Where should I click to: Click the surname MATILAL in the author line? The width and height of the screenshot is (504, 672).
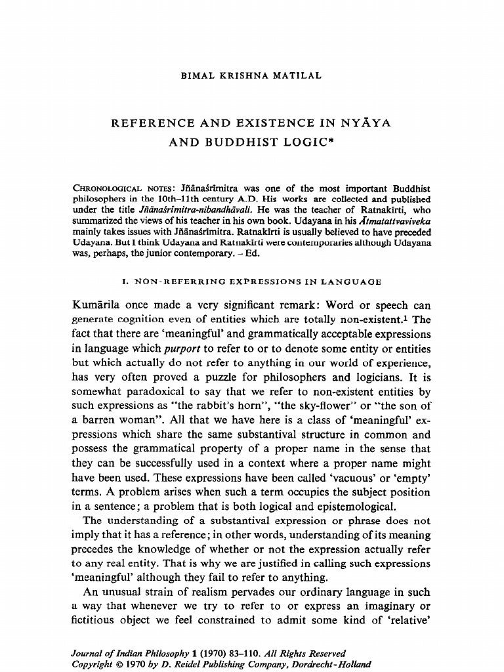[297, 75]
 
